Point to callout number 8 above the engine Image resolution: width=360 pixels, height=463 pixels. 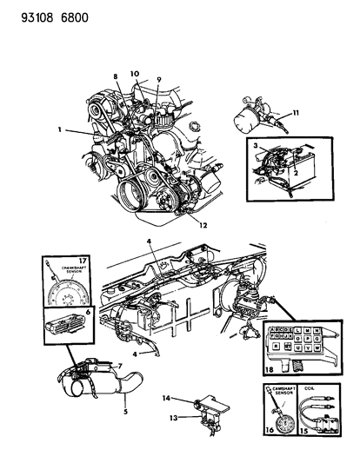click(x=114, y=78)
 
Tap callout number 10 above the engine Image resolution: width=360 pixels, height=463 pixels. click(x=134, y=73)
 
